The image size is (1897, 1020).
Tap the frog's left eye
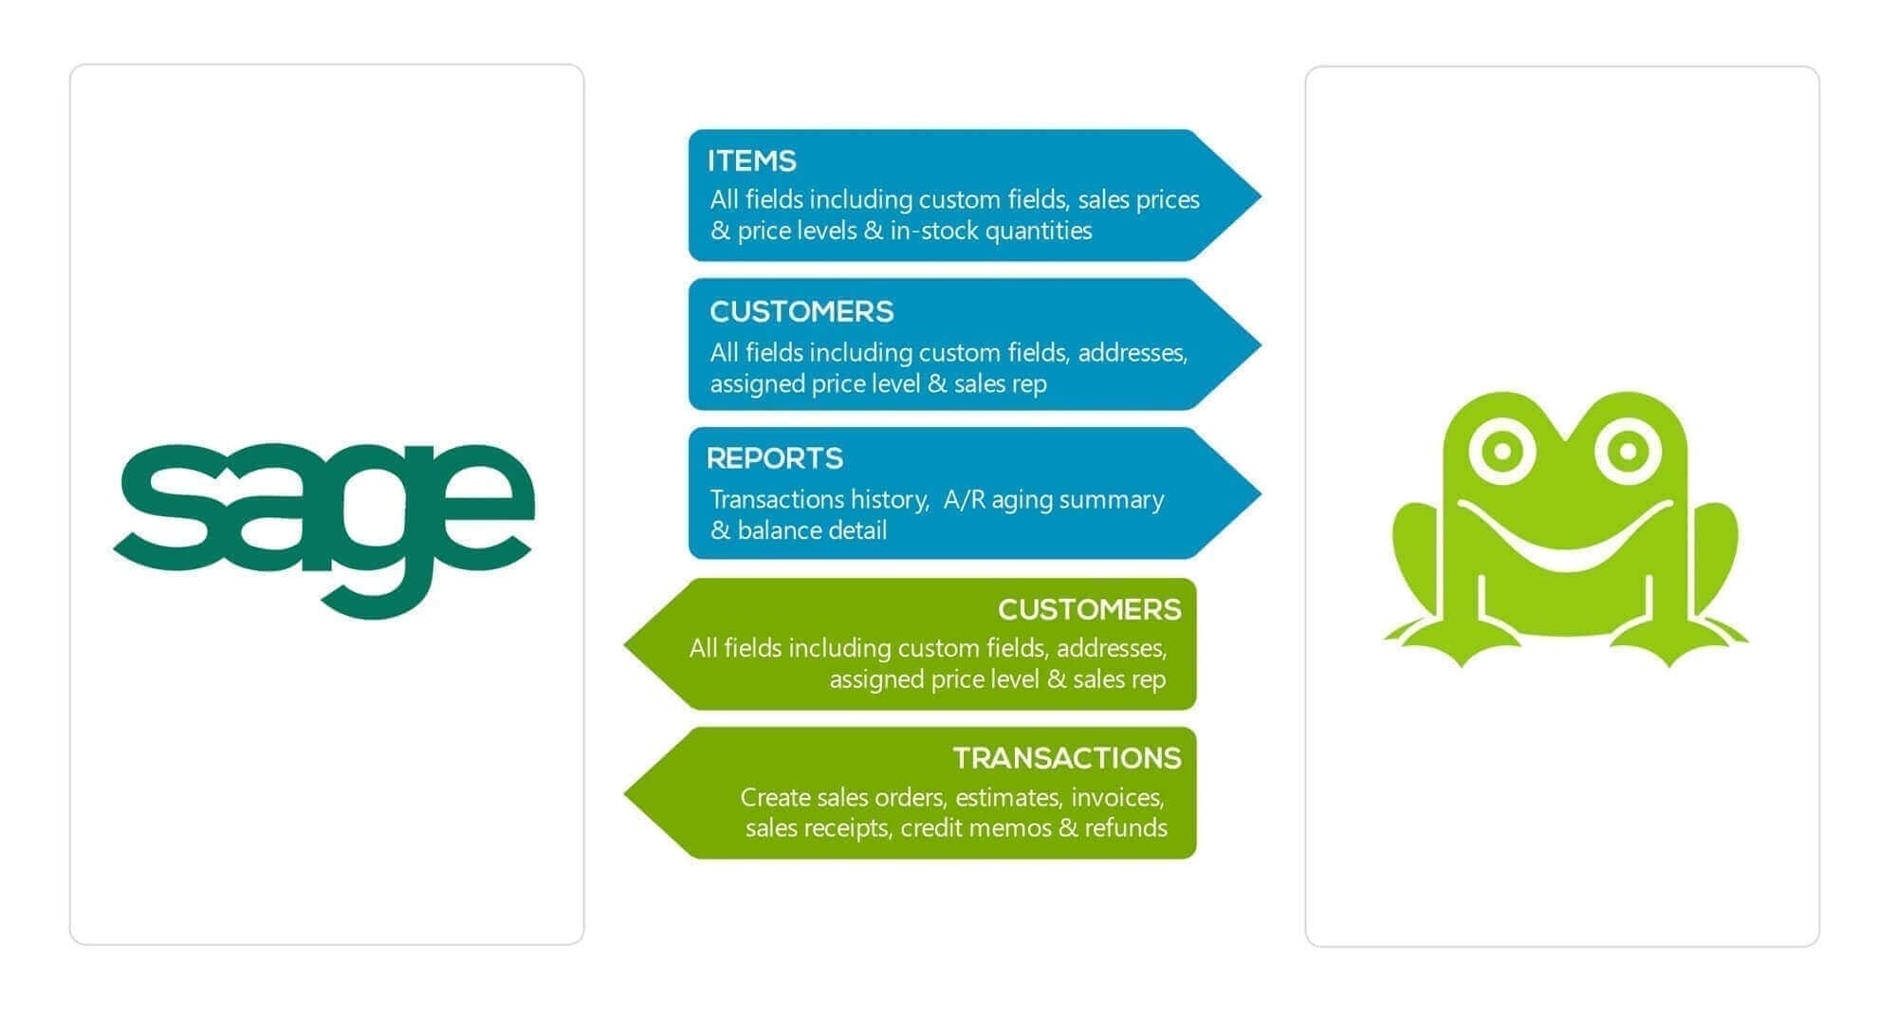pyautogui.click(x=1501, y=451)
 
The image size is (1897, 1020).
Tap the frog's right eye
pyautogui.click(x=1628, y=451)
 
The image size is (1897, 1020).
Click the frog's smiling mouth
pyautogui.click(x=1565, y=541)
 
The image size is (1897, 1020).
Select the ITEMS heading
pyautogui.click(x=751, y=160)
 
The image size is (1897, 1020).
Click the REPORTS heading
pyautogui.click(x=774, y=458)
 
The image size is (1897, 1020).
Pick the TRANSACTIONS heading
pyautogui.click(x=1066, y=758)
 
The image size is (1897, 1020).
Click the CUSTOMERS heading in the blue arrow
pyautogui.click(x=801, y=311)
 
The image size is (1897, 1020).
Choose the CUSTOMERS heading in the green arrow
pyautogui.click(x=1089, y=609)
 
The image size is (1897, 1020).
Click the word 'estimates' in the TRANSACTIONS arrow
pyautogui.click(x=1006, y=798)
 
